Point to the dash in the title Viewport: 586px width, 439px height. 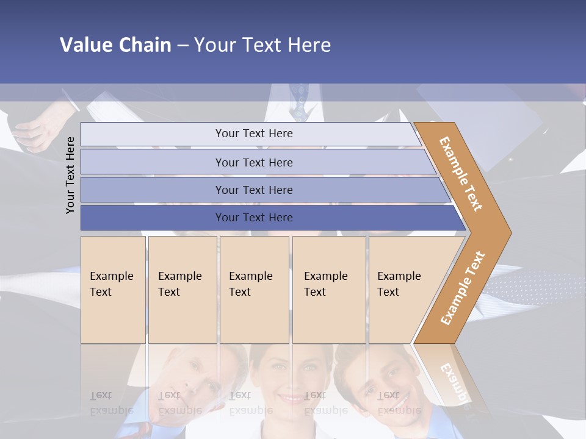(x=183, y=45)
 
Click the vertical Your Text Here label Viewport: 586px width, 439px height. (x=70, y=175)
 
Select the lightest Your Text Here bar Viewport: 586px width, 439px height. (x=253, y=134)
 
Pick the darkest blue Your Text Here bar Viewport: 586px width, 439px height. (x=253, y=218)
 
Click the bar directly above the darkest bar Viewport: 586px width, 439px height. (x=253, y=190)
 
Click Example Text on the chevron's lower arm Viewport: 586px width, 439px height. (x=463, y=288)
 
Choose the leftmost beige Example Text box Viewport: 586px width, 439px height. (x=113, y=290)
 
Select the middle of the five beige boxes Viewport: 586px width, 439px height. (x=254, y=290)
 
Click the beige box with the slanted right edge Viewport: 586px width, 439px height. (x=403, y=290)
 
